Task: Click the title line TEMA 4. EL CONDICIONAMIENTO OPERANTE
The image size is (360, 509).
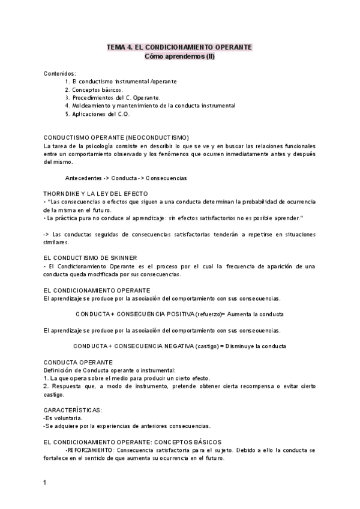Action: pyautogui.click(x=179, y=47)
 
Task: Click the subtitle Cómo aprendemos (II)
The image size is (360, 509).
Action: pyautogui.click(x=179, y=56)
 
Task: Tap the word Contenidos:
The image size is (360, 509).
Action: pyautogui.click(x=60, y=73)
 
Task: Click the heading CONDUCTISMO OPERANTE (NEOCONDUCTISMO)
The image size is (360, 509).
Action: pyautogui.click(x=116, y=137)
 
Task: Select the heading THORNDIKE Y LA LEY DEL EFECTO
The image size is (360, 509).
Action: pyautogui.click(x=99, y=194)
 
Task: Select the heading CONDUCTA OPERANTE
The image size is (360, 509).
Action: pyautogui.click(x=78, y=363)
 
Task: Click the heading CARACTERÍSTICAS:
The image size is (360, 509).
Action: pyautogui.click(x=73, y=409)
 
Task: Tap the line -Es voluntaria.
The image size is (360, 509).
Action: pyautogui.click(x=63, y=418)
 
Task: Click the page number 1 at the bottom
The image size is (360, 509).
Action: pyautogui.click(x=46, y=482)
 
